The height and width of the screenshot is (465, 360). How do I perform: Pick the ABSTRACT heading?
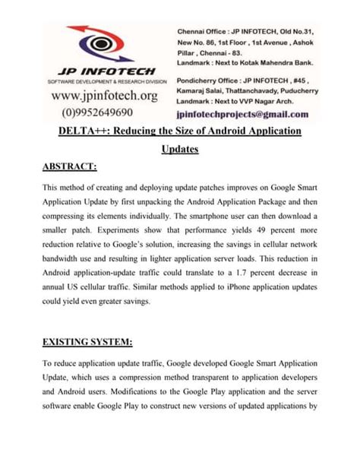point(70,166)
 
